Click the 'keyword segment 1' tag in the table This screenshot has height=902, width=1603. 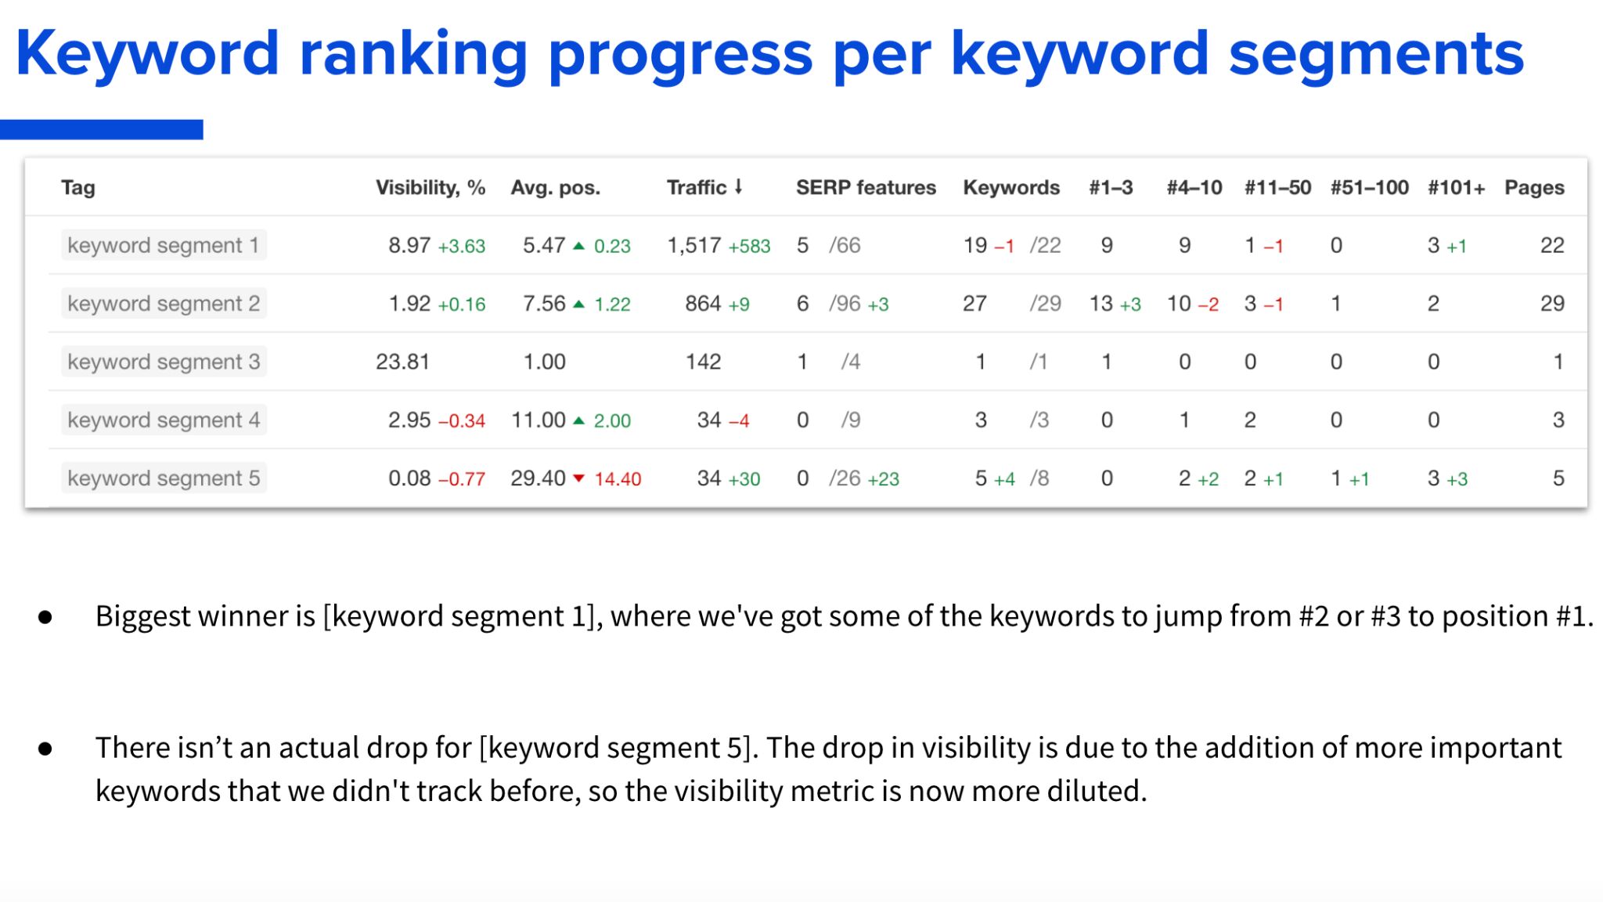pyautogui.click(x=163, y=245)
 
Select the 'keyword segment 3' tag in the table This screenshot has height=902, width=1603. pyautogui.click(x=164, y=362)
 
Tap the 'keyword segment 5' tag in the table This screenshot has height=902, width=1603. pyautogui.click(x=164, y=478)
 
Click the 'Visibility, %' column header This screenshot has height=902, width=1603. pyautogui.click(x=430, y=188)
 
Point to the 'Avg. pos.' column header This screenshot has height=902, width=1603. pyautogui.click(x=555, y=188)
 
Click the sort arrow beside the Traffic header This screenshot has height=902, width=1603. pyautogui.click(x=738, y=187)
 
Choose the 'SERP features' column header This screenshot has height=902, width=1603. pyautogui.click(x=866, y=188)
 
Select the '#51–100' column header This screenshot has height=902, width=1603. pyautogui.click(x=1369, y=188)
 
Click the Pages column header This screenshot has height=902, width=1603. pyautogui.click(x=1534, y=188)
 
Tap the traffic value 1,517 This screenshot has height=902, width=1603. pyautogui.click(x=693, y=246)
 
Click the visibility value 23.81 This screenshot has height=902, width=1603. pyautogui.click(x=402, y=362)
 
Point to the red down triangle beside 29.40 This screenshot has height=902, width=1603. pyautogui.click(x=579, y=478)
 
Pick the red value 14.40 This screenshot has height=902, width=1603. pyautogui.click(x=618, y=479)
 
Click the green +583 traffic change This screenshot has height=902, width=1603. pyautogui.click(x=749, y=247)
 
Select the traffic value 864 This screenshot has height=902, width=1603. pyautogui.click(x=703, y=304)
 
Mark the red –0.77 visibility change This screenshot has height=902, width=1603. pyautogui.click(x=462, y=479)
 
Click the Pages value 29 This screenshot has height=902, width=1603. pyautogui.click(x=1552, y=304)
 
